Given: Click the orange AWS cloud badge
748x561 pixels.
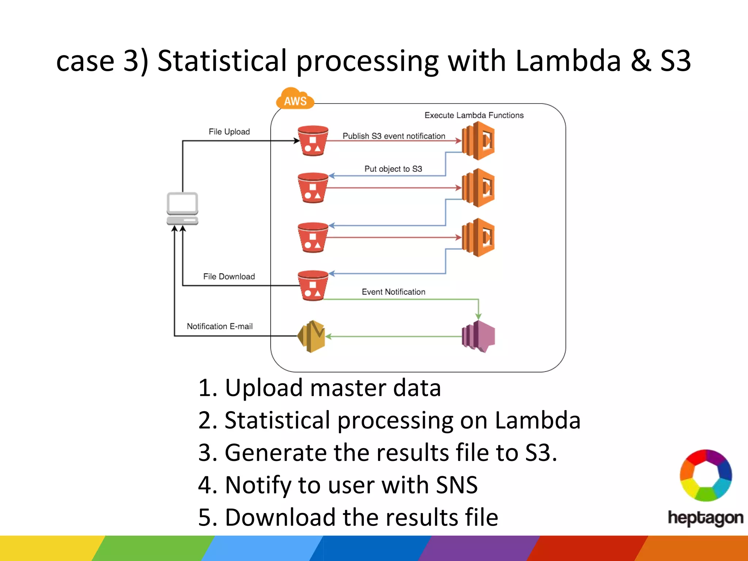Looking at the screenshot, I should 295,99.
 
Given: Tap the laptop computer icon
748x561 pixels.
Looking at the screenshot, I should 182,209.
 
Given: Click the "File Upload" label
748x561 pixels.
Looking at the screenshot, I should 229,131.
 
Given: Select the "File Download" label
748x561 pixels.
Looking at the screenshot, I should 229,276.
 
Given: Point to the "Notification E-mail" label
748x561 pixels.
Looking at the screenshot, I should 220,326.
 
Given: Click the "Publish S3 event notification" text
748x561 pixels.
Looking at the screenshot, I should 394,136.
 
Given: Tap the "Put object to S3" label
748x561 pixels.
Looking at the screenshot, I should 393,169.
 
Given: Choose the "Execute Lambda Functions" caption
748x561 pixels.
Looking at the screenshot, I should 474,115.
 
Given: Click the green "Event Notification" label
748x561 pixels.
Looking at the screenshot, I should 393,292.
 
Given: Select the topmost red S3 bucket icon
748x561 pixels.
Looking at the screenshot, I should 313,141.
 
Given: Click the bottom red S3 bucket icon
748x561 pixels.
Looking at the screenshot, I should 313,286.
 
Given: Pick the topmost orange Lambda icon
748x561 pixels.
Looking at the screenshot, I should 478,141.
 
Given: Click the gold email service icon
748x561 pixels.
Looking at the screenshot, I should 311,336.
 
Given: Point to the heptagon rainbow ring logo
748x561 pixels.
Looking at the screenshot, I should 706,475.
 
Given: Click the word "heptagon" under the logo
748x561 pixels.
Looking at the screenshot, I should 705,518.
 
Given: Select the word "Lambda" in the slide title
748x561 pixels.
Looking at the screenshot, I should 568,61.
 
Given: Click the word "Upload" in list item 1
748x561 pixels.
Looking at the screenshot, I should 264,388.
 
